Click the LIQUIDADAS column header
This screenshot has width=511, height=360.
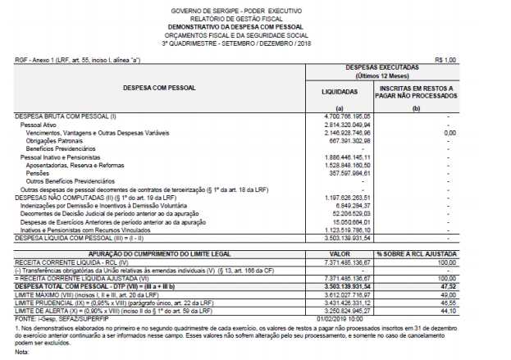click(340, 93)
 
